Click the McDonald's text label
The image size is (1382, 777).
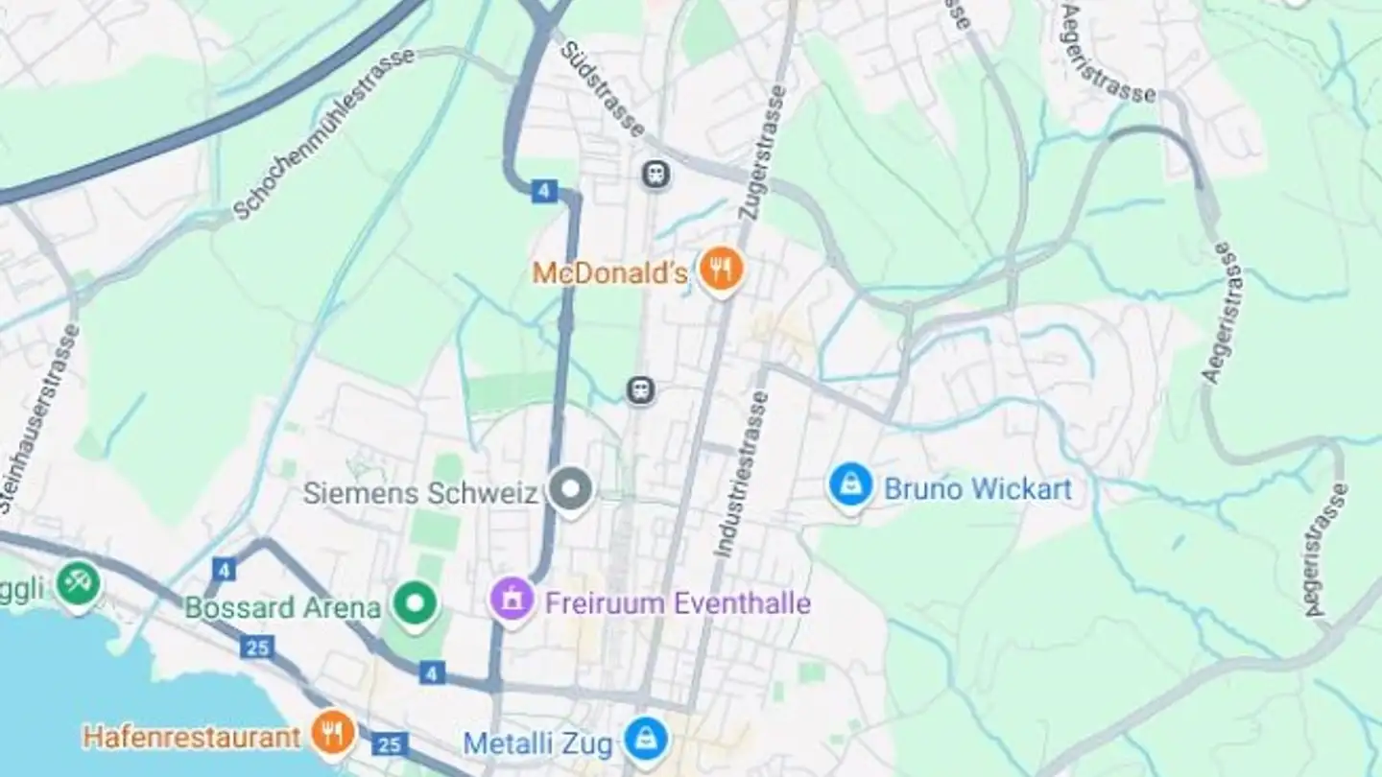609,273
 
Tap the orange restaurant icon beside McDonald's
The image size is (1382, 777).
721,270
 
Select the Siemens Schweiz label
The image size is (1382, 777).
420,493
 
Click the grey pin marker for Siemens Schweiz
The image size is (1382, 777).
571,489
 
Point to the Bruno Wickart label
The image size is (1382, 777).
977,489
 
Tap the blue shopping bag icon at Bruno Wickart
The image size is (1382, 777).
850,486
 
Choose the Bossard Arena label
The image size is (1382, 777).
282,608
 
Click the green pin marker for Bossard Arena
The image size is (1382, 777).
416,604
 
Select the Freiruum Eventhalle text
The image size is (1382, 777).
678,603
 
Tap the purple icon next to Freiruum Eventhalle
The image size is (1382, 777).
512,600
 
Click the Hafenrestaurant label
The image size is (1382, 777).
192,737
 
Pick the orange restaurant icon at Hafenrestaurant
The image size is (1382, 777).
333,734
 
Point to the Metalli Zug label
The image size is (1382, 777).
537,743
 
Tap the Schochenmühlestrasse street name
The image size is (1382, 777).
324,133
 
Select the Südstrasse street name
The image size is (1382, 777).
602,88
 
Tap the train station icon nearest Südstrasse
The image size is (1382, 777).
656,175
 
